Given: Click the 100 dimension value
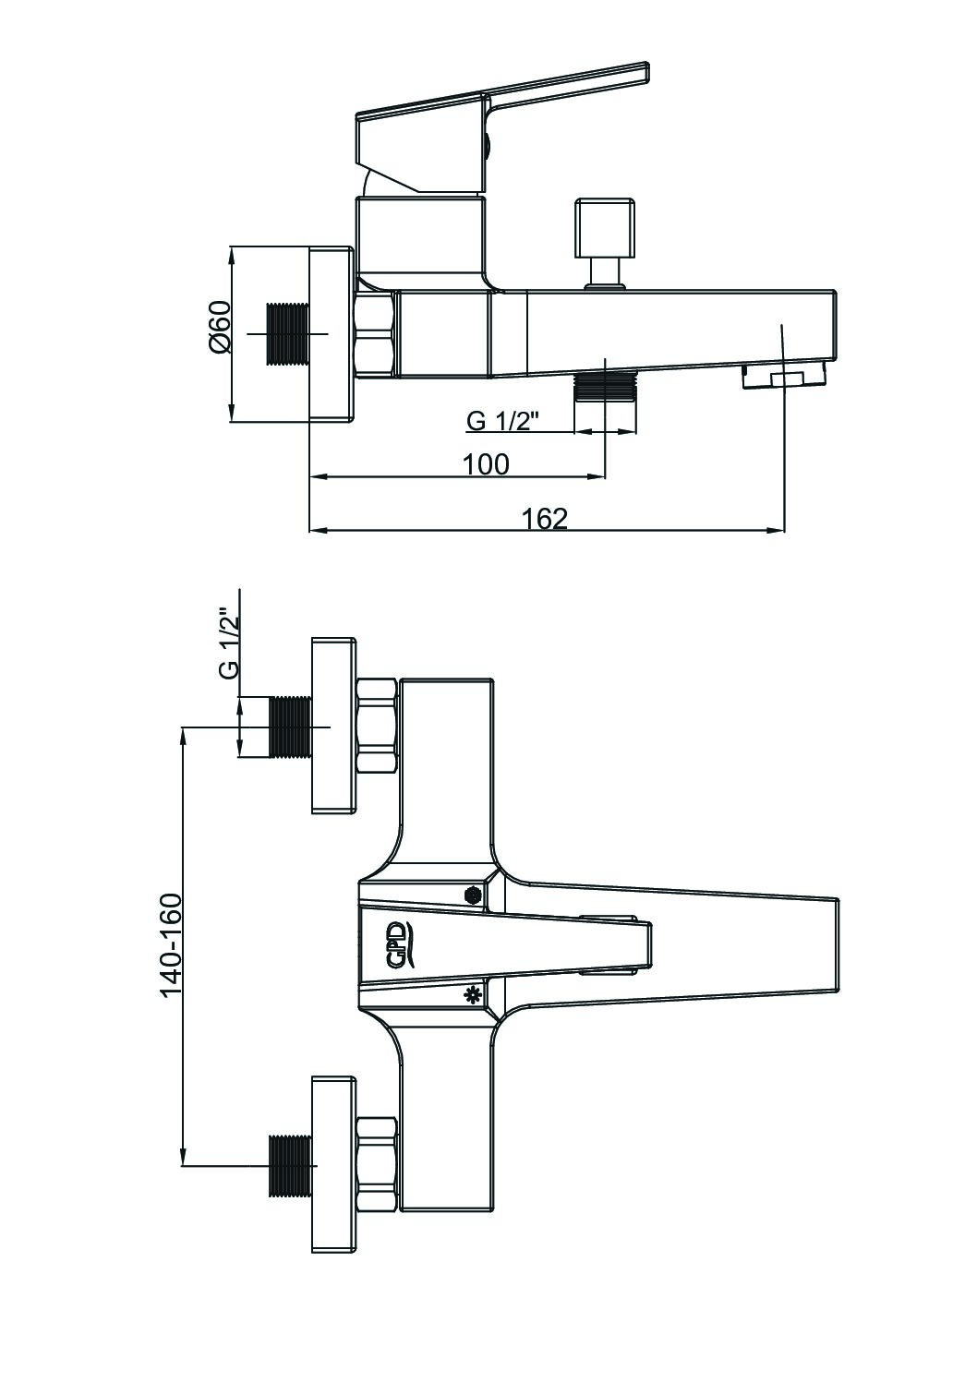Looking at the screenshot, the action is tap(486, 464).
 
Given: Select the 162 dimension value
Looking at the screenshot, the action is tap(545, 519).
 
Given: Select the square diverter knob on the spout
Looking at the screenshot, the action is tap(604, 228).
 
